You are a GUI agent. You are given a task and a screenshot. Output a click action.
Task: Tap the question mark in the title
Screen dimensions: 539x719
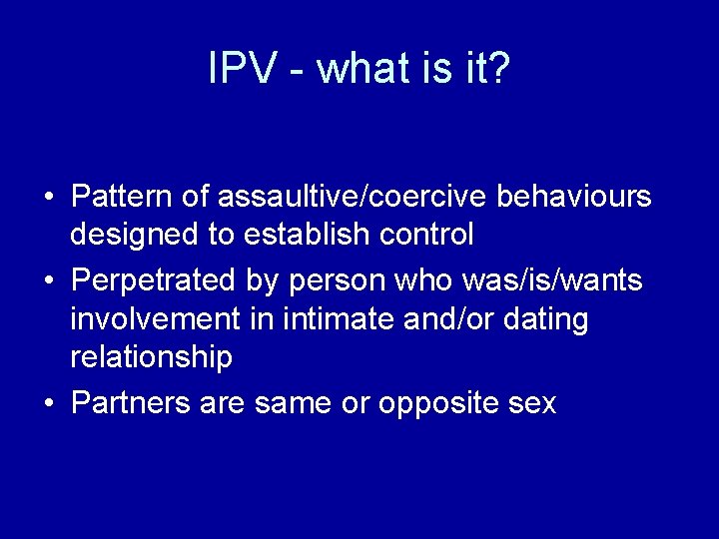(498, 69)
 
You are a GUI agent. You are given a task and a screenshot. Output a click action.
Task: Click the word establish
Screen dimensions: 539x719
(308, 236)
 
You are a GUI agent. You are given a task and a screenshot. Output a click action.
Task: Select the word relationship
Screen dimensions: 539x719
(151, 357)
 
